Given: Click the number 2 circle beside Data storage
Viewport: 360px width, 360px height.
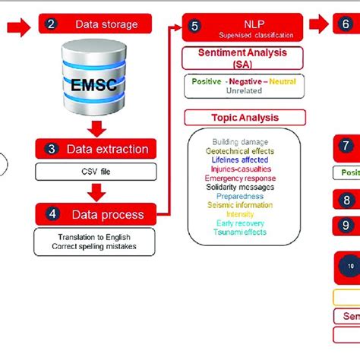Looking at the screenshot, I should [x=51, y=24].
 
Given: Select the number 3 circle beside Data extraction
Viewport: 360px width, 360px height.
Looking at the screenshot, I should [x=51, y=149].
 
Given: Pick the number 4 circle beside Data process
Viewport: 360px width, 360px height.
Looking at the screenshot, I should [x=51, y=213].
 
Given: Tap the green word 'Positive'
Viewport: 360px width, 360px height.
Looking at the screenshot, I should [x=207, y=81].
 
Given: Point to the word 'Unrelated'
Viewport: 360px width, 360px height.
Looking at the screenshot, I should [x=244, y=90].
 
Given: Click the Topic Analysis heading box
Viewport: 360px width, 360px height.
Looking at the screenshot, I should [x=245, y=118].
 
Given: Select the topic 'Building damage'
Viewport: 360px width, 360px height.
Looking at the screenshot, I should [x=244, y=142].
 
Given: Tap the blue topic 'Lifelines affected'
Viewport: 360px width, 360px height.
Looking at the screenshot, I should [x=244, y=160].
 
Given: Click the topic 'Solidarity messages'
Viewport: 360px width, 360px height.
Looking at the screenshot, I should [x=244, y=187].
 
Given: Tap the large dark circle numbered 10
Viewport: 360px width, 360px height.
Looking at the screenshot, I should [x=350, y=266].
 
